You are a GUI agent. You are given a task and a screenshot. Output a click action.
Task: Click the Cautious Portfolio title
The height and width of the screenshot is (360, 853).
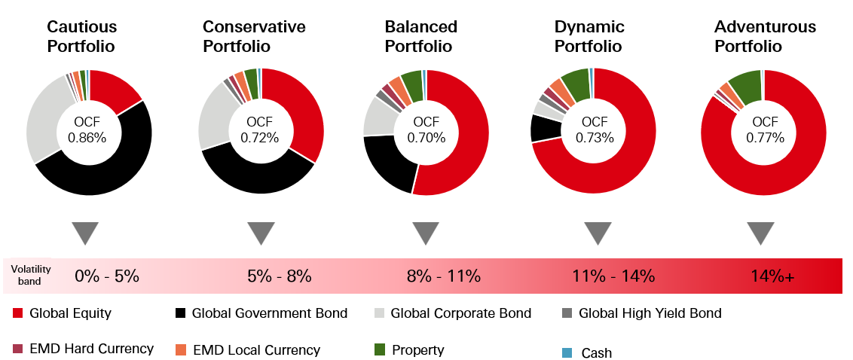click(82, 36)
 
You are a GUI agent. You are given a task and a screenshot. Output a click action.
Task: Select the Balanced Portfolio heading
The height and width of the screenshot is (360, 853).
click(420, 36)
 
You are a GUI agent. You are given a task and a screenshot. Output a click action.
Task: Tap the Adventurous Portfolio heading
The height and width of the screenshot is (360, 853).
click(765, 36)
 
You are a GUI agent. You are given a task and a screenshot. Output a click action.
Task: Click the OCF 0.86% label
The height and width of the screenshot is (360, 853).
click(88, 130)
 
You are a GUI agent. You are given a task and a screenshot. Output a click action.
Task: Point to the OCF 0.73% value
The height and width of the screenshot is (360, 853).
click(595, 130)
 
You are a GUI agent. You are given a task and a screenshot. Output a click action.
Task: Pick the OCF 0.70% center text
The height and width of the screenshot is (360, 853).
click(426, 130)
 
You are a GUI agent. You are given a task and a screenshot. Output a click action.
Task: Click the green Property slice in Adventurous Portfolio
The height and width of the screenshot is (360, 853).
click(744, 86)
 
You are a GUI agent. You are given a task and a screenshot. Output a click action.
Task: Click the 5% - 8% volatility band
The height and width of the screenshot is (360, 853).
click(279, 276)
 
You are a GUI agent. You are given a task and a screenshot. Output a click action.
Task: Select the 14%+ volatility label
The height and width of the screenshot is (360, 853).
click(772, 276)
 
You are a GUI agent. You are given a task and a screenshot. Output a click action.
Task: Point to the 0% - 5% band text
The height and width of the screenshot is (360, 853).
click(107, 276)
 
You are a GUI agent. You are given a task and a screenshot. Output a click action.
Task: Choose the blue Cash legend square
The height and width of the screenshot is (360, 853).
click(567, 352)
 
